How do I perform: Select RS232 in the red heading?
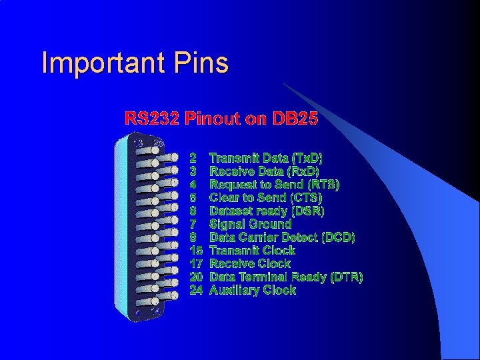pyautogui.click(x=153, y=119)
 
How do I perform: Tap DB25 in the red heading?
pyautogui.click(x=295, y=119)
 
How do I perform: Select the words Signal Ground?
pyautogui.click(x=251, y=224)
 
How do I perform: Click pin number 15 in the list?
pyautogui.click(x=196, y=251)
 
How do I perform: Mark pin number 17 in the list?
pyautogui.click(x=196, y=264)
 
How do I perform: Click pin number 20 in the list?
pyautogui.click(x=196, y=277)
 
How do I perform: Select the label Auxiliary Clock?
pyautogui.click(x=253, y=290)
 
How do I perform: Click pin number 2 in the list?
pyautogui.click(x=193, y=159)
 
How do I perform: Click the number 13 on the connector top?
pyautogui.click(x=139, y=143)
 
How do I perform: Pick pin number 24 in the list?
pyautogui.click(x=196, y=290)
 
